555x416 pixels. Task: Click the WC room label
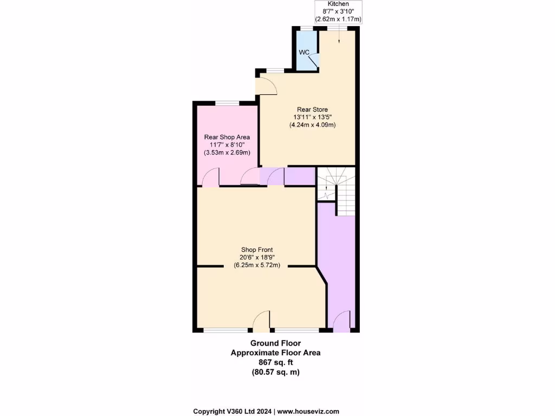(x=304, y=52)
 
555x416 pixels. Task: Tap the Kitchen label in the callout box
(x=339, y=4)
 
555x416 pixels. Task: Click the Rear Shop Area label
(x=227, y=137)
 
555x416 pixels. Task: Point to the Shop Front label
(x=256, y=250)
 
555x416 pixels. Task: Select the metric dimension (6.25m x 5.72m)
(x=256, y=265)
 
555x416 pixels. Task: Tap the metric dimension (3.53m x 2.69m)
(x=227, y=153)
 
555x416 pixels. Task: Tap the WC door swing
(x=313, y=61)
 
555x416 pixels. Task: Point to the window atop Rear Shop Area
(x=227, y=103)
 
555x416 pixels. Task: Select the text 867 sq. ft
(x=275, y=362)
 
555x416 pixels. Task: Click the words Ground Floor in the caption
(x=275, y=343)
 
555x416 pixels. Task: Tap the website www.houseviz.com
(x=308, y=412)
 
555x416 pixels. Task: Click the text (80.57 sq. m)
(x=275, y=372)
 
